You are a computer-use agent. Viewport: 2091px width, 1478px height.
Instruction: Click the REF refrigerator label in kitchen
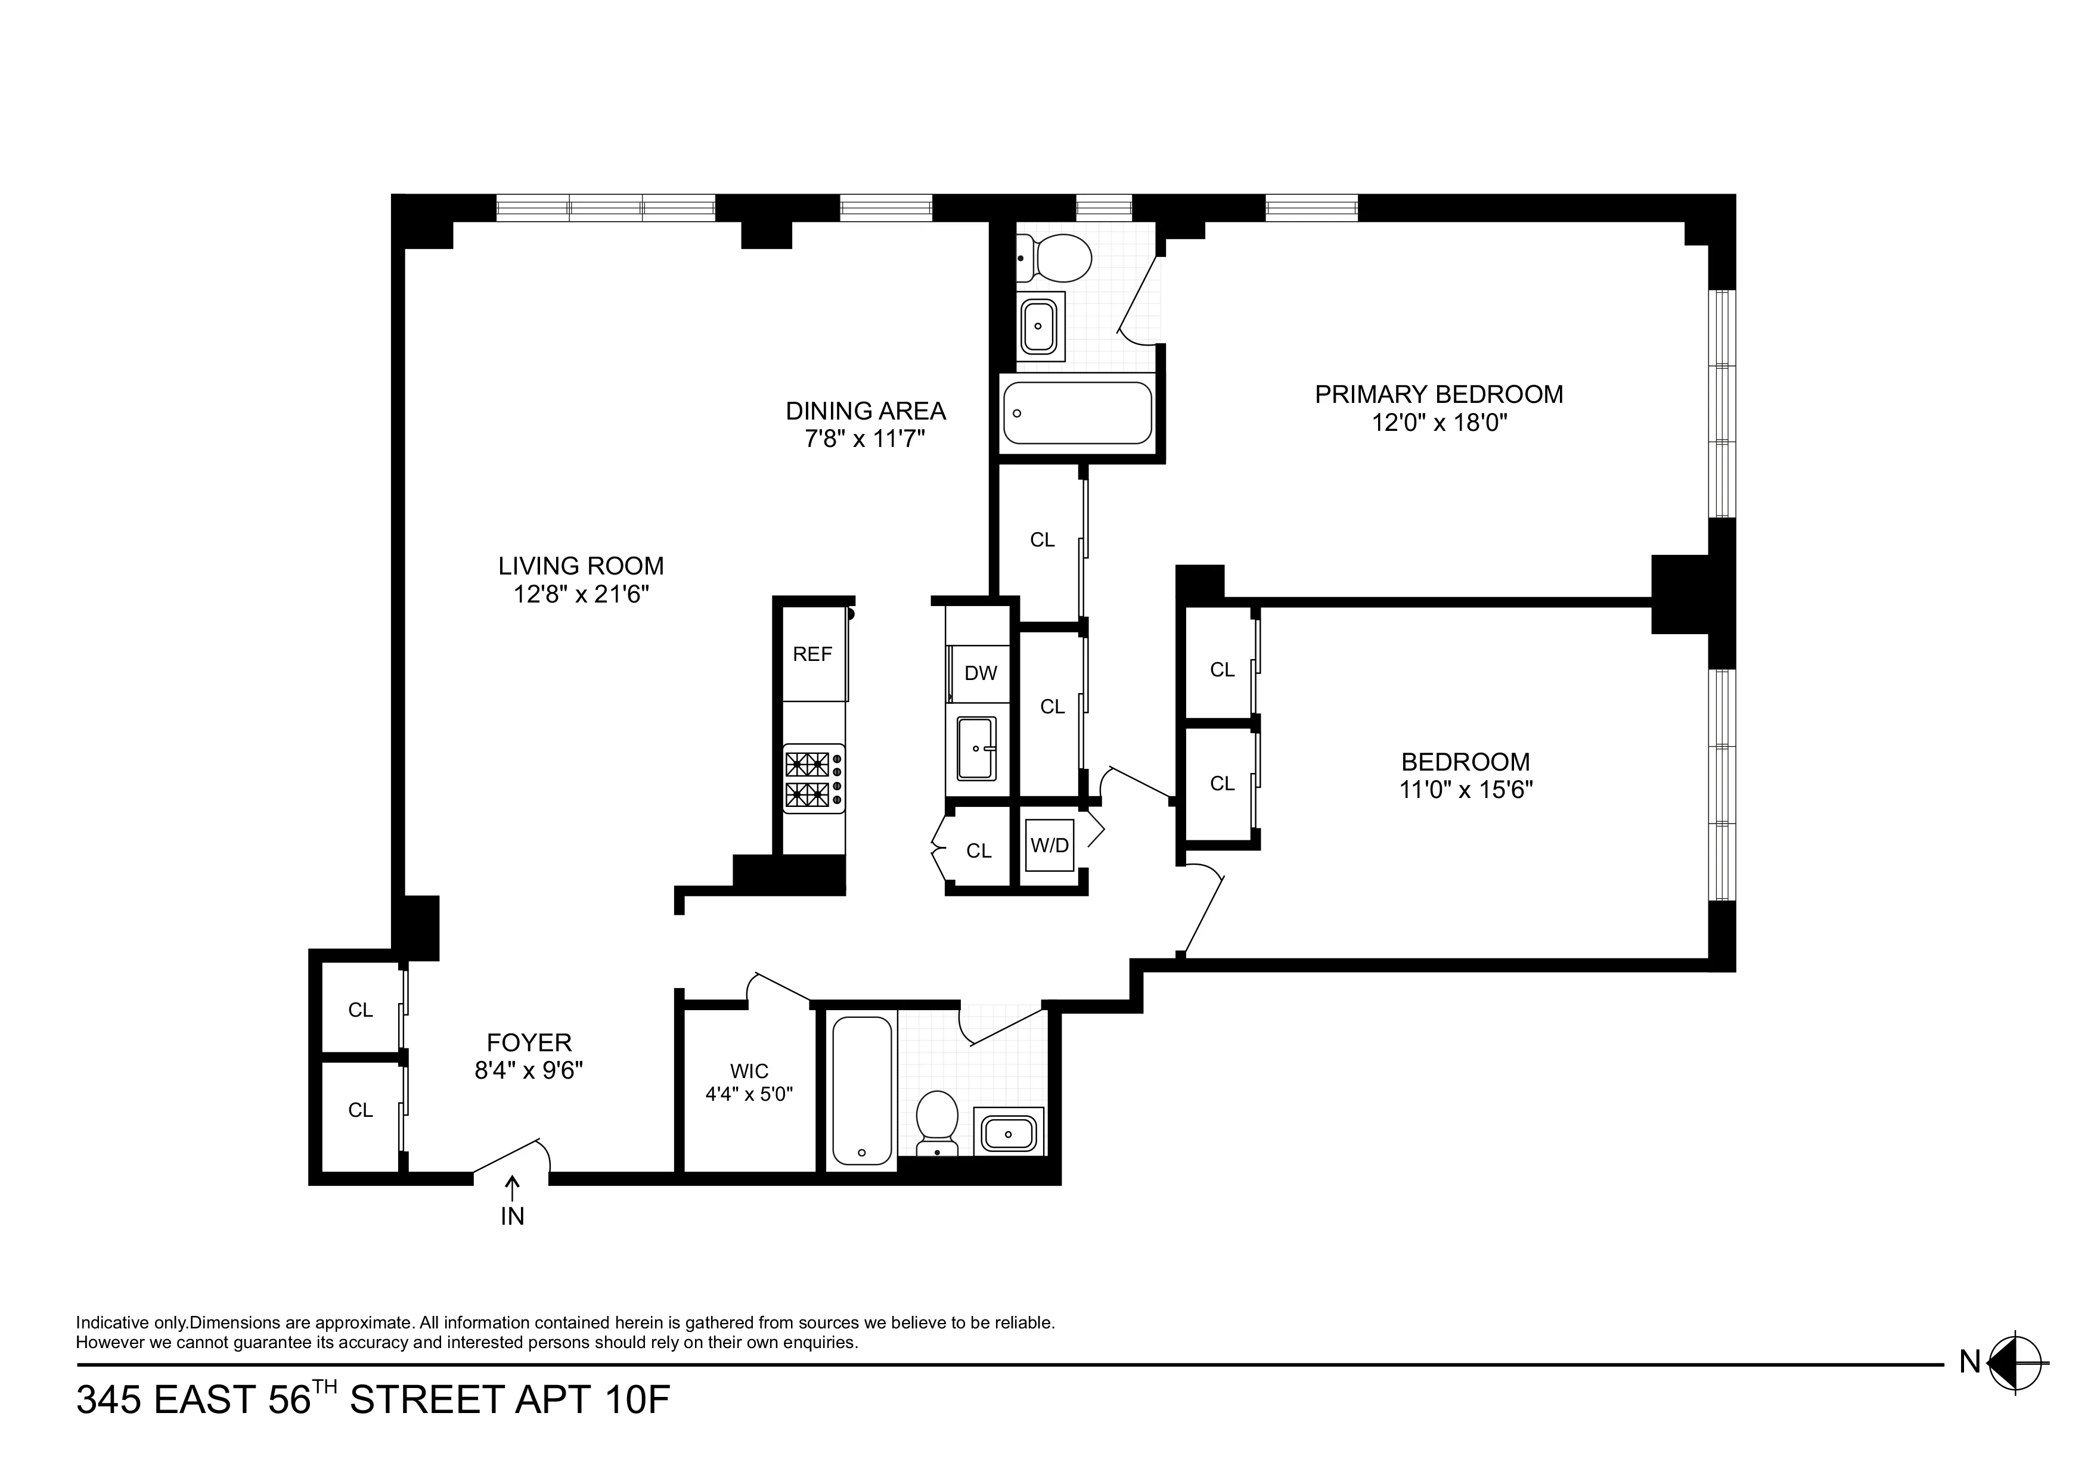tap(812, 654)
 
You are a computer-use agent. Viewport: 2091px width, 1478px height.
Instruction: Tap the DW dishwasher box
tap(980, 673)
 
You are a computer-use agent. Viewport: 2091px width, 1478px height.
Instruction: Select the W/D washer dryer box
tap(1049, 845)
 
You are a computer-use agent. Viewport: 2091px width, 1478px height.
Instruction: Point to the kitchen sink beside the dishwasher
tap(975, 748)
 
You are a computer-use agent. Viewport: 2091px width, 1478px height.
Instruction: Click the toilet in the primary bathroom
tap(1056, 257)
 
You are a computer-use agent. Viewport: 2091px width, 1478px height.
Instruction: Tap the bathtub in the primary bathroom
tap(1077, 412)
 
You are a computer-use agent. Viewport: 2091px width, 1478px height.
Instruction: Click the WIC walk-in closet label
tap(749, 1071)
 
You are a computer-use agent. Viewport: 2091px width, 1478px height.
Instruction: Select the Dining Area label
tap(865, 412)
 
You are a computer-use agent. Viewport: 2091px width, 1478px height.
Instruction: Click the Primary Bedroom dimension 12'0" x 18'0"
tap(1439, 423)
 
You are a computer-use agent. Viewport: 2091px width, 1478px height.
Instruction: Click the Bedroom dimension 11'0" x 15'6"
tap(1465, 790)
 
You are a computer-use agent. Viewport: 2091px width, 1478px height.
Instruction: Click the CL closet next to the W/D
tap(978, 850)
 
